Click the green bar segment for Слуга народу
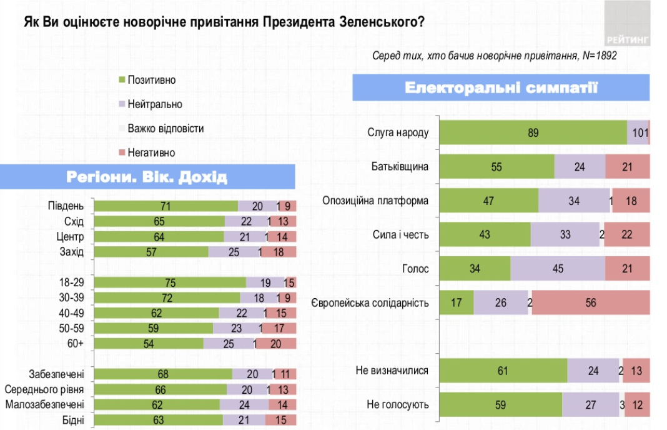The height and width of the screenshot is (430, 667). coord(533,132)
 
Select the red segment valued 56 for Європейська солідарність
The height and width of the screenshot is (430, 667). coord(590,302)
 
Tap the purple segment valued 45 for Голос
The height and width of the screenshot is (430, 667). coord(558,269)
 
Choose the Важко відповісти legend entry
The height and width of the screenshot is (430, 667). coord(166,129)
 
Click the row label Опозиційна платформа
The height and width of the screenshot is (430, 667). coord(375,201)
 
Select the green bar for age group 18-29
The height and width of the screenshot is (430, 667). coord(170,283)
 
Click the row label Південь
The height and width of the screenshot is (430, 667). coord(66,206)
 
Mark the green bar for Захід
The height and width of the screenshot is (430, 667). coord(151,252)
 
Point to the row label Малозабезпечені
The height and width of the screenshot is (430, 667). coord(44,404)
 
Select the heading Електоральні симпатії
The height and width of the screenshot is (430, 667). coord(501,87)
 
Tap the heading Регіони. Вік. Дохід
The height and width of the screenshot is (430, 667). coord(147,177)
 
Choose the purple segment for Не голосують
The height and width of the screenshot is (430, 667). coord(590,404)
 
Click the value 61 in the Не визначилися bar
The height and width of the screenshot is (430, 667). coord(503,371)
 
